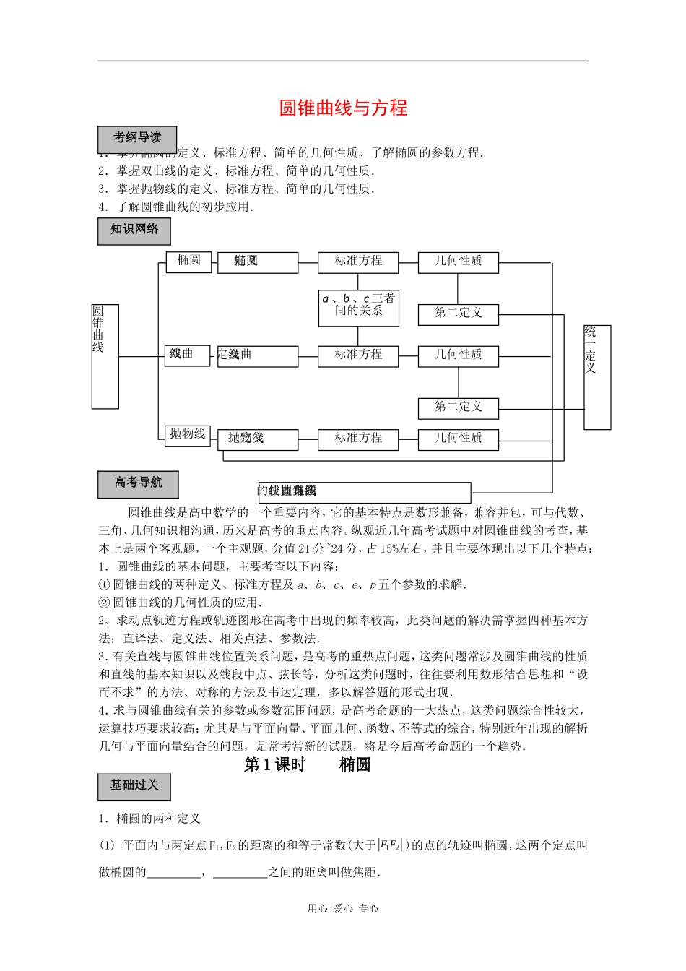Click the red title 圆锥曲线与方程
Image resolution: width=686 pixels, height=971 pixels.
343,108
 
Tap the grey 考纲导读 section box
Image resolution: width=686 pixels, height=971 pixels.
137,139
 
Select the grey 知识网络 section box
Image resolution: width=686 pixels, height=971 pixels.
134,230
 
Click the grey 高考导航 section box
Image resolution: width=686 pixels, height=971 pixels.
138,483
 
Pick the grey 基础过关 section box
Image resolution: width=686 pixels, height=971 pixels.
134,786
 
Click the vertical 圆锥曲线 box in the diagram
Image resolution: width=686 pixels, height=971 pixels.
105,356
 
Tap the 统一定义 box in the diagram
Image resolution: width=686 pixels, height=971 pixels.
596,376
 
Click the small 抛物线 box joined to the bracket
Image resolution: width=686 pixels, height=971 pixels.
188,434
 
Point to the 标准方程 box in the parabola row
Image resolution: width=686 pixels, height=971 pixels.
358,439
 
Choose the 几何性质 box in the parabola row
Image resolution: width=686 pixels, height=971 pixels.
458,439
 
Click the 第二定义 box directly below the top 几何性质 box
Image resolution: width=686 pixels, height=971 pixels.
458,314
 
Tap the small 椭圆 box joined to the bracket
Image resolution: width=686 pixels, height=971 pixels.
188,261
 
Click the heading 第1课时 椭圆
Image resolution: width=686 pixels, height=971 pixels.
307,764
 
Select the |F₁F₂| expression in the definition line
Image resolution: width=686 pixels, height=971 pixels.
391,846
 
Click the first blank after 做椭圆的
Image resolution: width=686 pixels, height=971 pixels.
173,873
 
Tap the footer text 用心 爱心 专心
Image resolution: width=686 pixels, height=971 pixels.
343,909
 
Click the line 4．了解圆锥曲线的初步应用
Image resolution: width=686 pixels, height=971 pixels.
177,207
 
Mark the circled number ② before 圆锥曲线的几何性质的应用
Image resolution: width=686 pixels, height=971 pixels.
104,603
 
